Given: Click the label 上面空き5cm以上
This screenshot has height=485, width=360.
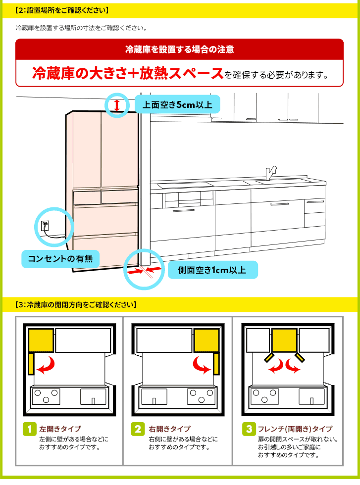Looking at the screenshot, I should click(177, 105).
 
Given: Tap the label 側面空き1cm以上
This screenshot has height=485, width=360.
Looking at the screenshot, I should click(212, 270).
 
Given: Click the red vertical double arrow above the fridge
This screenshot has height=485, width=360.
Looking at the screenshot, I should click(117, 105).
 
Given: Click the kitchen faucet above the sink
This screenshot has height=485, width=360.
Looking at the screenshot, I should click(270, 173).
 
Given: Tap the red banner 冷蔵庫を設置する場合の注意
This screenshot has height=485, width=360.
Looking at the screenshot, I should click(180, 49).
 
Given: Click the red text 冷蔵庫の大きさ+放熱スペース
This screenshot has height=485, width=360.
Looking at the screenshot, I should click(128, 73).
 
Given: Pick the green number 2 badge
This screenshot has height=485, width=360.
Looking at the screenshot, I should click(138, 429).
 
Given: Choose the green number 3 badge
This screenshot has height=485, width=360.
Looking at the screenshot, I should click(248, 429).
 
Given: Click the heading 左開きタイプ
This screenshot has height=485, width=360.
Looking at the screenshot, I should click(60, 429).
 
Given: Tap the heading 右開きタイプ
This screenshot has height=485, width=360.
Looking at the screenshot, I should click(169, 429).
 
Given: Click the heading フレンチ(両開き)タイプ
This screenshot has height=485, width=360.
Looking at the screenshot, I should click(295, 429).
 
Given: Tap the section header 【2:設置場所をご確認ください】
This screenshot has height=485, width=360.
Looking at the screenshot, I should click(62, 10).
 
